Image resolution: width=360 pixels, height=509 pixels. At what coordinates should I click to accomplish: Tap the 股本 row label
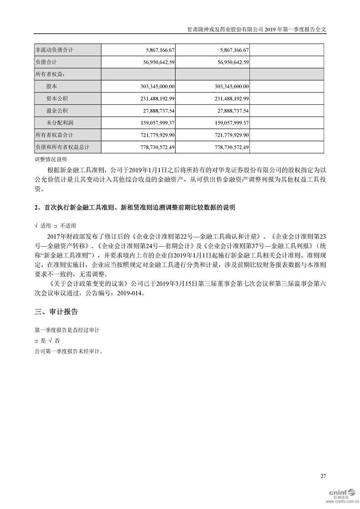coord(52,86)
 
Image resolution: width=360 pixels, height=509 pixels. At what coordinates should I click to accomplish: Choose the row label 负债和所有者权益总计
coord(62,147)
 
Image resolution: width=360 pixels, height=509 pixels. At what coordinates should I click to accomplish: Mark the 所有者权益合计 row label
coord(54,135)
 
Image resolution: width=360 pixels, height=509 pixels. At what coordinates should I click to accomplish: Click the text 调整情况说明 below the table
coord(50,159)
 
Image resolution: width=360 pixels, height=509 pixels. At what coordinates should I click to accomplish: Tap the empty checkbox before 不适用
coord(55,225)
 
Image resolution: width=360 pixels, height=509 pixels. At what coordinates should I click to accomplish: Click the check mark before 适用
coord(36,225)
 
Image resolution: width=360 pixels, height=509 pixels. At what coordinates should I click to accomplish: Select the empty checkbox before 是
coord(36,340)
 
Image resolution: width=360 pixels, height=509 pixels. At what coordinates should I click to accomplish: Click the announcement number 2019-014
coord(130,293)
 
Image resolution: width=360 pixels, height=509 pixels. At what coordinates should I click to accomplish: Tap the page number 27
coord(323,476)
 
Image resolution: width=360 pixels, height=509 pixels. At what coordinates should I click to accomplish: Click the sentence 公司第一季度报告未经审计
coord(69,351)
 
